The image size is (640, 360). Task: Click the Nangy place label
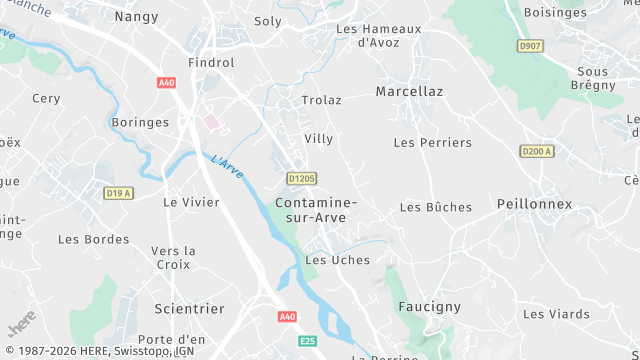[137, 16]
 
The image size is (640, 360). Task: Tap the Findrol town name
[210, 62]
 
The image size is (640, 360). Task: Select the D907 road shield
[529, 46]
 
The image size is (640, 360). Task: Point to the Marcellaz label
[409, 91]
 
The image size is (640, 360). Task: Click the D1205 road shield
[301, 179]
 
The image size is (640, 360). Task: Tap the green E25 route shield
[309, 342]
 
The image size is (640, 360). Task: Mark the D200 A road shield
[537, 151]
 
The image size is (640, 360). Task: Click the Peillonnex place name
[534, 204]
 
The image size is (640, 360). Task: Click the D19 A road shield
[119, 193]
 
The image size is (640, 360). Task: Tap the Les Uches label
[337, 260]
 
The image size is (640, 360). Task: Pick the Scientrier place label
[190, 309]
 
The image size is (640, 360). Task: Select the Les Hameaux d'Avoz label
[379, 36]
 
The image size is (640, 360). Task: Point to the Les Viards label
[556, 314]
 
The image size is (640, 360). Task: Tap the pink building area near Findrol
[211, 121]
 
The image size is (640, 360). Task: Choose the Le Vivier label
[190, 201]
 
